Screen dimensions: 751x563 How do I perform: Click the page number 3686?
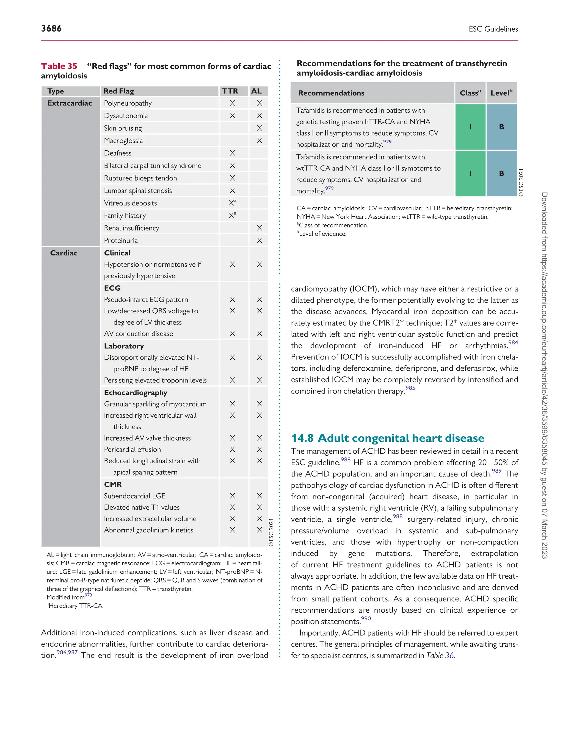[51, 29]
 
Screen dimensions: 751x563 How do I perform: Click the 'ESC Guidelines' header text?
[493, 29]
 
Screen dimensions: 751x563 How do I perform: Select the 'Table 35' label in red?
[59, 66]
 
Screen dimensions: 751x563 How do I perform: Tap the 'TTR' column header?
[230, 91]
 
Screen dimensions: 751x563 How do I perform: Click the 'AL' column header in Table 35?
[256, 91]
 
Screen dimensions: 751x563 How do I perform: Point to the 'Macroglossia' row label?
[123, 141]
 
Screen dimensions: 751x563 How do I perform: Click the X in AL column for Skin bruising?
[259, 128]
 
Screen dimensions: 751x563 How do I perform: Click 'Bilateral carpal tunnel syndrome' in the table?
[152, 166]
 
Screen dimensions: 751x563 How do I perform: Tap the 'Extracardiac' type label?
[70, 103]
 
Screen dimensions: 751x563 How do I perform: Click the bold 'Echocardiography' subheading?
[136, 392]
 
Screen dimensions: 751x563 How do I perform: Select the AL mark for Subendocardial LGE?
[259, 496]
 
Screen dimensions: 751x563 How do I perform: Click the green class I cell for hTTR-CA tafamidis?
[470, 127]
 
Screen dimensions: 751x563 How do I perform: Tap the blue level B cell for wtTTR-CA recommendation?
[501, 174]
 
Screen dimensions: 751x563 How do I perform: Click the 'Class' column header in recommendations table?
[470, 93]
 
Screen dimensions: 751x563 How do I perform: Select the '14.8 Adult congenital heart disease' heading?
[388, 438]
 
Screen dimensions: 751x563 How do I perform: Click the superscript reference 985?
[410, 388]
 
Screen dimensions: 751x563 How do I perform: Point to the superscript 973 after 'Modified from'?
[88, 595]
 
